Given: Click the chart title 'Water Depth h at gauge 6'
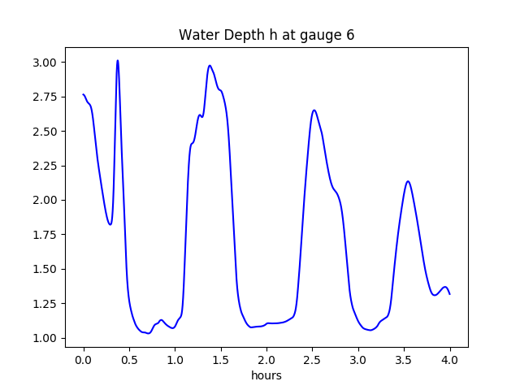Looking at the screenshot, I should [266, 35].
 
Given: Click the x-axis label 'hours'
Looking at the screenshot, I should [266, 376].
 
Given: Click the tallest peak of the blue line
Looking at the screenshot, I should [118, 60].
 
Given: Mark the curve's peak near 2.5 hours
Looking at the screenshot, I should [314, 110].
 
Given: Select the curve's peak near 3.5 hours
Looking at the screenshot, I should [408, 181].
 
